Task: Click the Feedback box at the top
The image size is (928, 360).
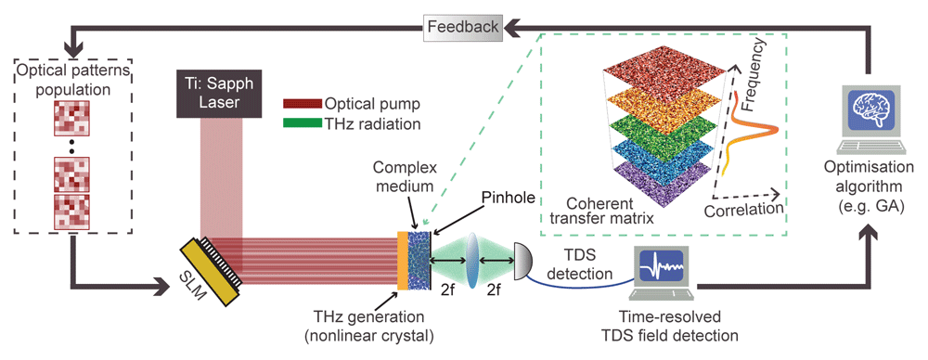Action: tap(463, 27)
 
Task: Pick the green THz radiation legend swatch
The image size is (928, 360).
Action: tap(303, 124)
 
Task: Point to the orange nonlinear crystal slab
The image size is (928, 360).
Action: tap(403, 260)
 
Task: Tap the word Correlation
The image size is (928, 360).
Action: tap(744, 209)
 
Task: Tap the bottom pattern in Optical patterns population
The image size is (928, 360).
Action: tap(71, 212)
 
